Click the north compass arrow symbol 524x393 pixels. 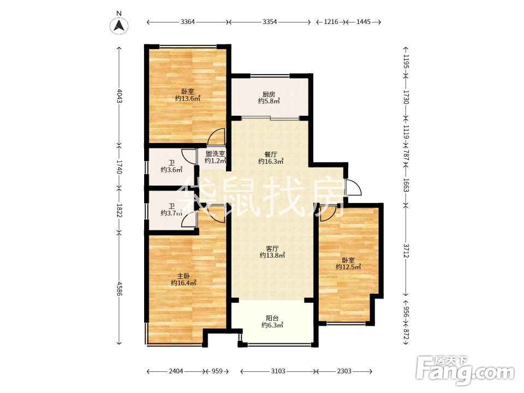[x=120, y=26]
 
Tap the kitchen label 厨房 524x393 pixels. [x=269, y=94]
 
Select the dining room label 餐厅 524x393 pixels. [x=271, y=154]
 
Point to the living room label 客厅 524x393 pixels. [x=272, y=249]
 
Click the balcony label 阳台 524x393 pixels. [x=272, y=318]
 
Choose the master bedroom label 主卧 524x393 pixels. [x=183, y=276]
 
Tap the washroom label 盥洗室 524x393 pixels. [x=215, y=154]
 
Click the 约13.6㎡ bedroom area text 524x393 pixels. [x=188, y=99]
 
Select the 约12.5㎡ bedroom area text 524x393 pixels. [x=349, y=267]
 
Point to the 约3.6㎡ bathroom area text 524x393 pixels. [x=171, y=170]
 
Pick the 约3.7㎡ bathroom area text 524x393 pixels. [x=171, y=213]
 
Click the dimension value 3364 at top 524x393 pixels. [x=187, y=22]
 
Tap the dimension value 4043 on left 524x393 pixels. [x=119, y=96]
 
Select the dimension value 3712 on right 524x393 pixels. [x=406, y=251]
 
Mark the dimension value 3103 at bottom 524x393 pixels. [x=278, y=371]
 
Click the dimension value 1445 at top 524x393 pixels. [x=364, y=22]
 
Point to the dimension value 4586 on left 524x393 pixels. [x=119, y=289]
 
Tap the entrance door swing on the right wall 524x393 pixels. [x=354, y=188]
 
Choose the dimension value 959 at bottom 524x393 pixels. [x=217, y=371]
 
